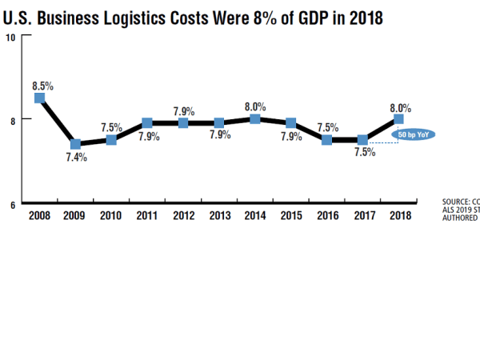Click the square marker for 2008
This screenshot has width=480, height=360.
pos(39,98)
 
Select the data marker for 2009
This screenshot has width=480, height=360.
pos(75,144)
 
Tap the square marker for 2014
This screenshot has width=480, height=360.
pos(254,119)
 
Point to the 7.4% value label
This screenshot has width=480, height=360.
pos(76,158)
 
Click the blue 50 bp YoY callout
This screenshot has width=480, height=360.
pos(413,134)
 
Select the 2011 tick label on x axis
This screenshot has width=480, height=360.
pos(146,215)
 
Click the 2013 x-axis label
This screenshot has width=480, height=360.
pos(218,215)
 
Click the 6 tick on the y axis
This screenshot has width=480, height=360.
pos(12,204)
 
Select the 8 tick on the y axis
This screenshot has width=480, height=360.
pos(12,119)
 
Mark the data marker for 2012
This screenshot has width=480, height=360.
pos(183,123)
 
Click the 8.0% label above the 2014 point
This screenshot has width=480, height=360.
pos(255,105)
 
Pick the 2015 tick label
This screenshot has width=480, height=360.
pos(290,215)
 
